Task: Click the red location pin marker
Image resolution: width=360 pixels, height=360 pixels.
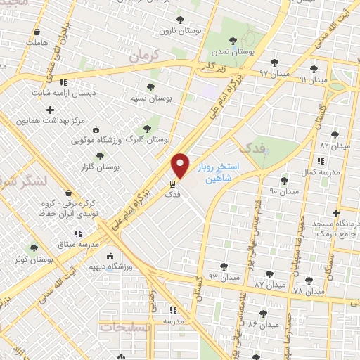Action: tap(181, 165)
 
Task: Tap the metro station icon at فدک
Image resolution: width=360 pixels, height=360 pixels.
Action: tap(171, 184)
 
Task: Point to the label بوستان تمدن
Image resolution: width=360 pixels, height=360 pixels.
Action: tap(236, 52)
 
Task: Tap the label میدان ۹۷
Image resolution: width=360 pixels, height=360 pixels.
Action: tap(254, 72)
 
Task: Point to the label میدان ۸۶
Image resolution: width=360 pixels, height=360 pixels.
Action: tap(262, 324)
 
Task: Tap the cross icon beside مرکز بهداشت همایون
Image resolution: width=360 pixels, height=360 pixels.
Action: tap(49, 110)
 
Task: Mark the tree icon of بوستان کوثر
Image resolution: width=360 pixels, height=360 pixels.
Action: tap(32, 248)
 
